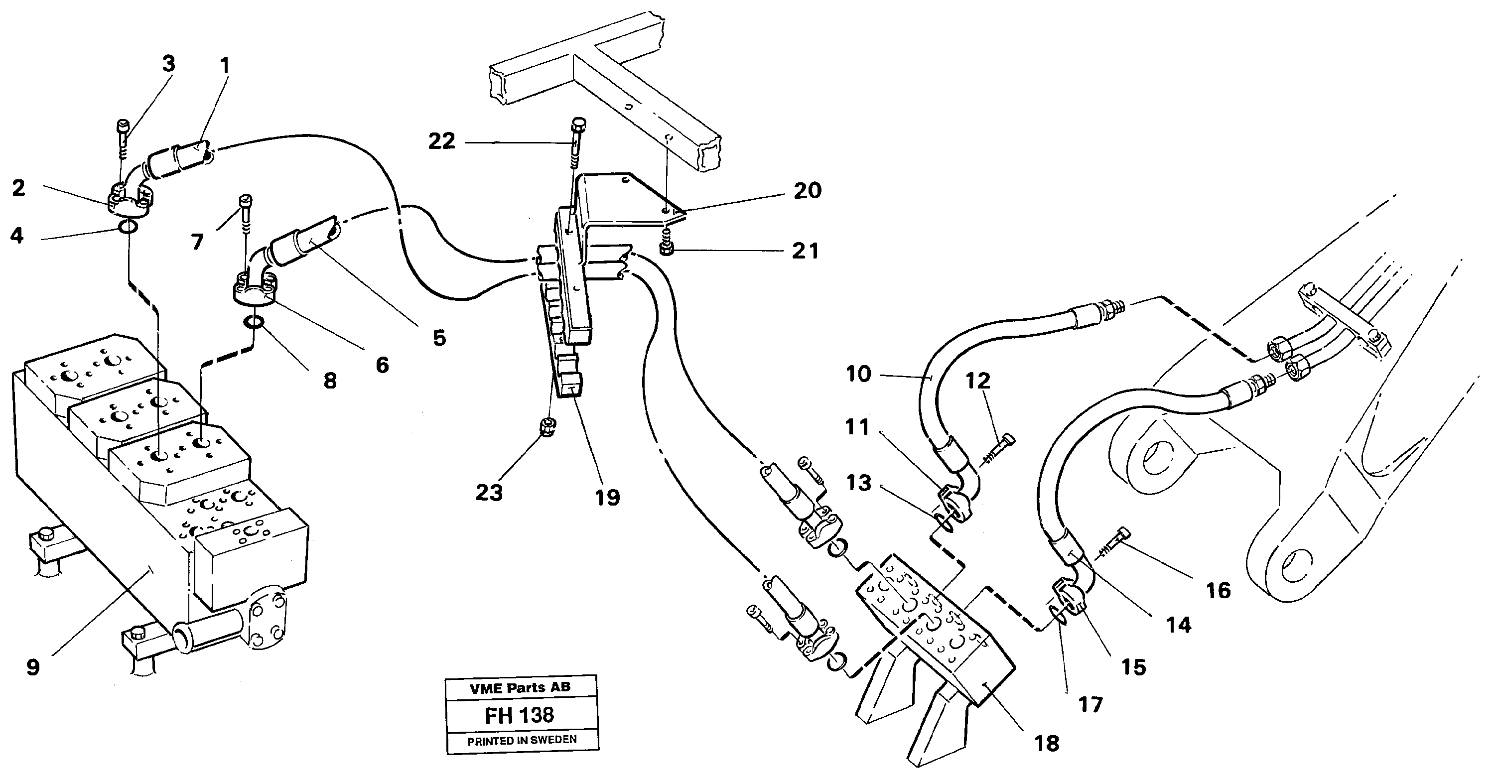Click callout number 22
point(441,141)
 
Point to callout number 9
point(33,667)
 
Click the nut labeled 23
point(546,428)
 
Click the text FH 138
point(520,715)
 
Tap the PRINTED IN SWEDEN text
point(522,740)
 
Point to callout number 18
point(1047,743)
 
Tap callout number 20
point(807,190)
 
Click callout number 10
point(858,374)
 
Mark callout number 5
point(439,337)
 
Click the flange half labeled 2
point(131,199)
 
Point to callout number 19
point(607,497)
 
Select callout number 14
point(1178,625)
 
